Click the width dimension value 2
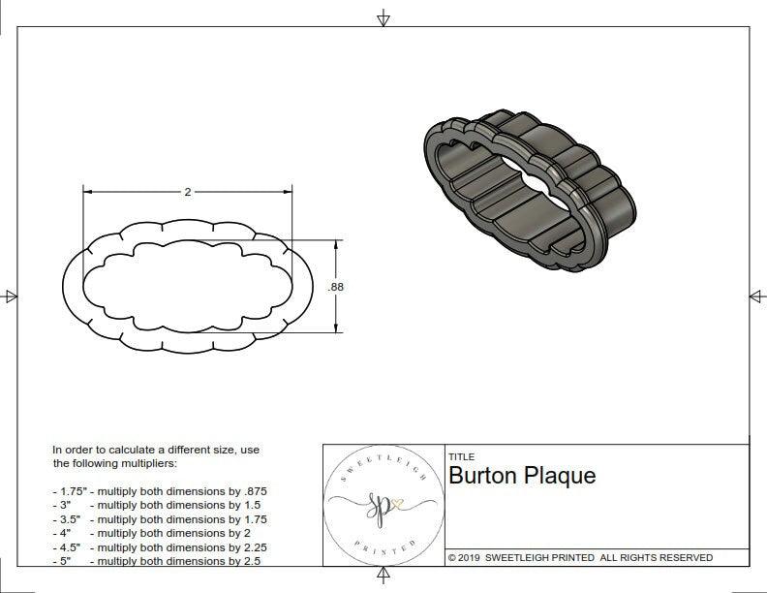pos(187,192)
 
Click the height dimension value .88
pos(336,287)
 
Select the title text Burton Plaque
pos(522,476)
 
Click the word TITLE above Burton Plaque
pos(461,457)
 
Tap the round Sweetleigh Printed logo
pos(383,505)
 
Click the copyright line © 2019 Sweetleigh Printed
pos(580,557)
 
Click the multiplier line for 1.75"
pos(160,491)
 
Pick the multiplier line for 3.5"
pos(160,519)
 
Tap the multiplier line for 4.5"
pos(160,546)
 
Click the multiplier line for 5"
pos(156,560)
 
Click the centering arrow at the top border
pos(383,17)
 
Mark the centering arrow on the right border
pos(756,296)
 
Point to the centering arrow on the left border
pos(10,296)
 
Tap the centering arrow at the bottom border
pos(383,577)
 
